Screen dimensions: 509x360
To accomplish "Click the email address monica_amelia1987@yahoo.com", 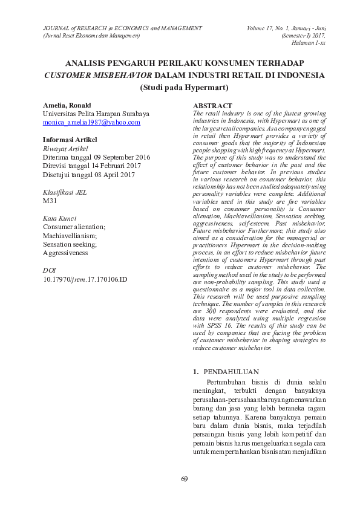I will (91, 122).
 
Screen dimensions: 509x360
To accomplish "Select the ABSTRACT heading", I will (212, 106).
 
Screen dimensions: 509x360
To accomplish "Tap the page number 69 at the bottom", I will (185, 479).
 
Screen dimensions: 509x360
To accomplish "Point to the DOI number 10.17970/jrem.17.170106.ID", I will (85, 279).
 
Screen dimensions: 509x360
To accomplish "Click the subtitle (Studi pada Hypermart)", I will (184, 87).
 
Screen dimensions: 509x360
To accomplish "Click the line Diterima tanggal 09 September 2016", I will (96, 157).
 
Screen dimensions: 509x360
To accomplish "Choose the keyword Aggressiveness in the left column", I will (65, 253).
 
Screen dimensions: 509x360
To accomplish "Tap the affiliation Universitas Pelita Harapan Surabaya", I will (96, 114).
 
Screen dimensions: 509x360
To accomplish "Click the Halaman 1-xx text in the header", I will (308, 43).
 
